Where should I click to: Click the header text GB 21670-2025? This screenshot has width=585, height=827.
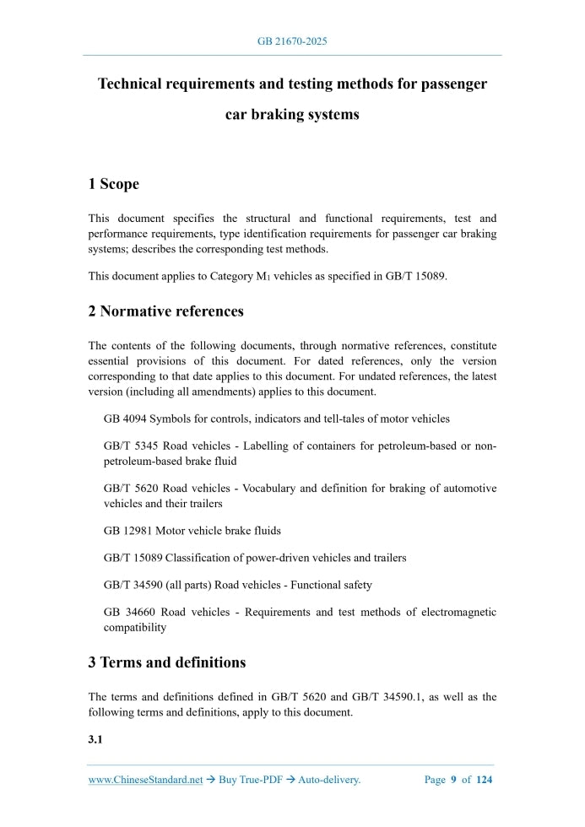point(292,41)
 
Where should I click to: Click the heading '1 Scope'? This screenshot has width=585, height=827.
point(114,184)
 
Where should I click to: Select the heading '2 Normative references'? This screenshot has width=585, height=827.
point(166,311)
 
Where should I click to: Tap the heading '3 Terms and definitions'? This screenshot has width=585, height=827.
point(167,662)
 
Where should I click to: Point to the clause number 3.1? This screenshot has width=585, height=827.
point(95,740)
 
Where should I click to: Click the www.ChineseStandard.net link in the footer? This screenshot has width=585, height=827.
point(146,780)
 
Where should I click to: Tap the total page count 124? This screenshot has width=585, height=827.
point(484,780)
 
